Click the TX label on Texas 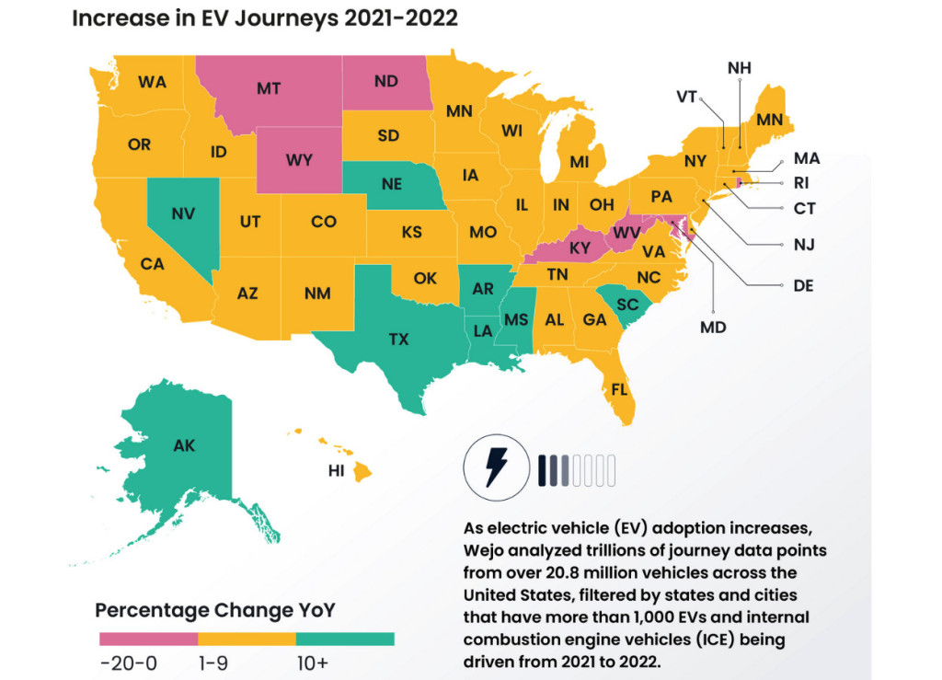(398, 340)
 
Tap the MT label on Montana (269, 88)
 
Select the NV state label (182, 213)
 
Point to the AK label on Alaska (184, 445)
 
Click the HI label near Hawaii (337, 471)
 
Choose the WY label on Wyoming (299, 160)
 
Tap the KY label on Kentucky (580, 248)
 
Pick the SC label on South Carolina (627, 304)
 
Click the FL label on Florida (619, 389)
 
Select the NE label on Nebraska (391, 184)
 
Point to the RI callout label (800, 183)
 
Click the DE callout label (802, 285)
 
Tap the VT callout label (686, 97)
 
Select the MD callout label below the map (713, 327)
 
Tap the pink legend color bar (148, 639)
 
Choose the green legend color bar (345, 639)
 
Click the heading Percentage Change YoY (215, 609)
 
